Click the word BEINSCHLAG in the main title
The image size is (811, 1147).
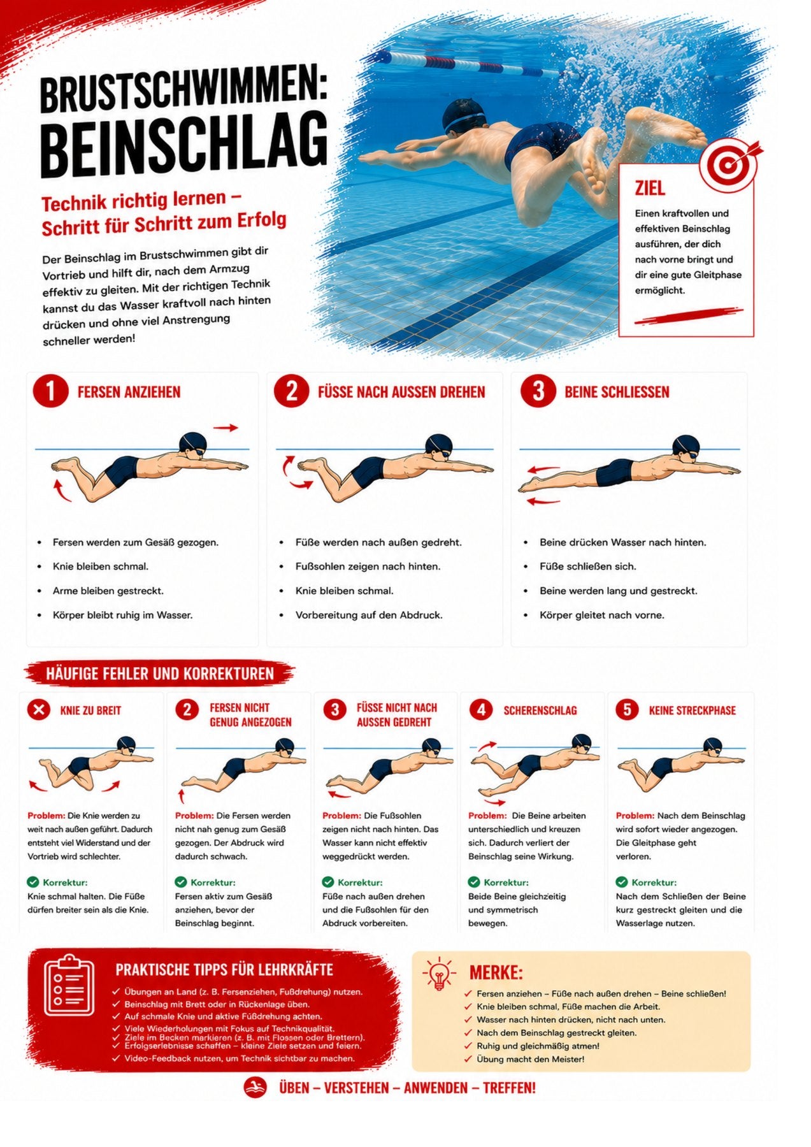point(184,145)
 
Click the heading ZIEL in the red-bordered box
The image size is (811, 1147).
point(649,188)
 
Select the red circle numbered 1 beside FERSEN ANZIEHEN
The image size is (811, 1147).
point(50,391)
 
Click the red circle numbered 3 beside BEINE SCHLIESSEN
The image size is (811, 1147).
point(538,391)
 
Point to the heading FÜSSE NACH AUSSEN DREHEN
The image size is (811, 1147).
point(401,392)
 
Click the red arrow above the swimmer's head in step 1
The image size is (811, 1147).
point(225,428)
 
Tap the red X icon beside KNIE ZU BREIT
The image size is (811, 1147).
point(39,709)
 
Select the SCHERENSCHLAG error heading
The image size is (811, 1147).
point(540,711)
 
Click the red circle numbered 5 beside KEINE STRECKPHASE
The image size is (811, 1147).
point(627,709)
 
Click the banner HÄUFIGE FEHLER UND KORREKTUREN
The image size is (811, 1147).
point(159,674)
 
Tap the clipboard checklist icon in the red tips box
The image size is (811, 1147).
point(69,985)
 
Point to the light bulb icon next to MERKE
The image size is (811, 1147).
point(439,974)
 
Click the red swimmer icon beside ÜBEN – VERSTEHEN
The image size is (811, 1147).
point(255,1088)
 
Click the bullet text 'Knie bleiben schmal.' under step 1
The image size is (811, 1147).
point(101,566)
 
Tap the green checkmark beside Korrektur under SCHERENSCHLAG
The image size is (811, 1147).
point(474,882)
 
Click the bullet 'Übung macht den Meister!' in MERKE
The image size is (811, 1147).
point(530,1059)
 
